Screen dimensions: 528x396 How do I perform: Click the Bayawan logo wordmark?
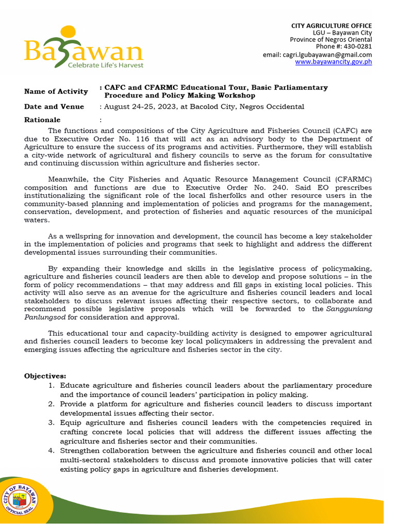click(x=82, y=49)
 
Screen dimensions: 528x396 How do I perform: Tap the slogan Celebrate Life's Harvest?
click(x=106, y=65)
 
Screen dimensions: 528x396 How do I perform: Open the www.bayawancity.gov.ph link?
click(x=333, y=62)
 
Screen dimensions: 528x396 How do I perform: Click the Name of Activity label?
click(x=56, y=92)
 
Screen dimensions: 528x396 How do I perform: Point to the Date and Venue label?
click(x=54, y=107)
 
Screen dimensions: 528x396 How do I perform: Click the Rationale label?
click(x=42, y=120)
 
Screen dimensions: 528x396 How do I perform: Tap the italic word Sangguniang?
click(x=350, y=309)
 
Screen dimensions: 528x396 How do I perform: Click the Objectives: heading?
click(x=45, y=376)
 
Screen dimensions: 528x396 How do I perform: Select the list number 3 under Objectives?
click(x=52, y=423)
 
